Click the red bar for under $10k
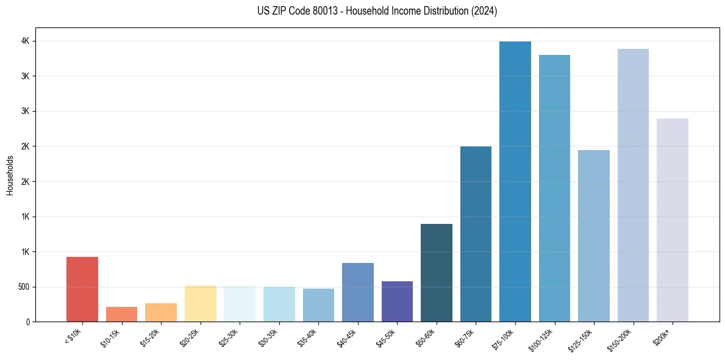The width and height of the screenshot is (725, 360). click(x=82, y=289)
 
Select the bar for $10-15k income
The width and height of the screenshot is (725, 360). click(x=121, y=314)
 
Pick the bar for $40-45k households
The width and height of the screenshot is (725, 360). click(x=358, y=292)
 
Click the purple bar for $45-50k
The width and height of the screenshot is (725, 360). click(x=397, y=301)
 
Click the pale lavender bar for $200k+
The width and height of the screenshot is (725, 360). click(x=673, y=220)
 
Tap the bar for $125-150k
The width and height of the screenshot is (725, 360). click(x=594, y=236)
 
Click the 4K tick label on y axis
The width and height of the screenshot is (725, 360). click(x=25, y=41)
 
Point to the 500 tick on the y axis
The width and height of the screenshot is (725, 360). click(x=23, y=287)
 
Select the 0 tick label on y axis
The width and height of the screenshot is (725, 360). click(x=28, y=322)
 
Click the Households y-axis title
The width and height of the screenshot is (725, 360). click(x=10, y=175)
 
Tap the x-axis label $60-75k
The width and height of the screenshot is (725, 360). click(x=465, y=337)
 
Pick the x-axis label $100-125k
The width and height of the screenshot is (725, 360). click(x=542, y=339)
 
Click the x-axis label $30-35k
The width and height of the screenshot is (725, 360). click(x=268, y=337)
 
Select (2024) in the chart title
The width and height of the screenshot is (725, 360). click(x=484, y=11)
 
